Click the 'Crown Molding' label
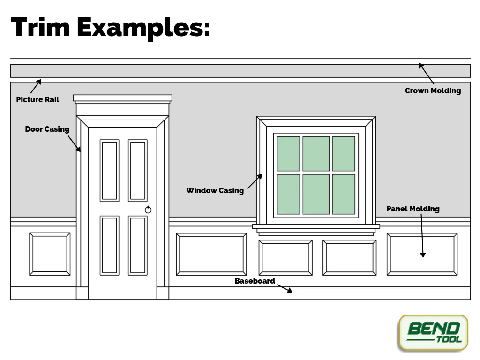point(433,90)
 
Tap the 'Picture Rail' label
point(37,99)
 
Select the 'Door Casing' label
point(47,129)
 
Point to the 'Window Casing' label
point(215,190)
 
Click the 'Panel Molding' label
point(412,209)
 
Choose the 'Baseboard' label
point(255,281)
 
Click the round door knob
point(148,210)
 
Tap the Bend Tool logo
point(433,332)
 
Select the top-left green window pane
point(288,154)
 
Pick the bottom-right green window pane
point(344,194)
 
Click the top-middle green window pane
point(316,154)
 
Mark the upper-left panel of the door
point(109,171)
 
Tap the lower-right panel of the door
point(138,245)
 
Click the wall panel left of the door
point(50,254)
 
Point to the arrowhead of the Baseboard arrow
point(290,291)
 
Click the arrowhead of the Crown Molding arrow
point(421,66)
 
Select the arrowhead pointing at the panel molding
point(423,255)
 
